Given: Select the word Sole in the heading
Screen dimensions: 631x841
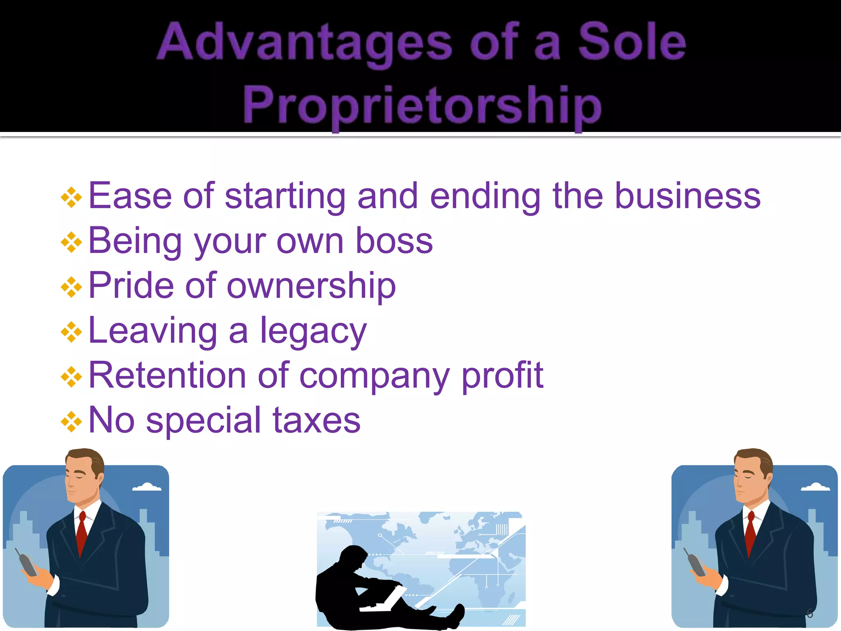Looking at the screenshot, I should coord(632,42).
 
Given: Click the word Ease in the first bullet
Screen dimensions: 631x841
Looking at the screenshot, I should coord(130,196).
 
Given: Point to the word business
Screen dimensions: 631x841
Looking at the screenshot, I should coord(687,196).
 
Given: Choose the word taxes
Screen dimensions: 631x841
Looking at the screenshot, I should coord(316,420).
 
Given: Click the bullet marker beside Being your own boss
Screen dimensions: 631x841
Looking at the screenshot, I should coord(71,242).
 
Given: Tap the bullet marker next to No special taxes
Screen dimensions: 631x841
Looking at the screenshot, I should coord(71,422).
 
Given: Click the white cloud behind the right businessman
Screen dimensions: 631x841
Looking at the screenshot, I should coord(816,487).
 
